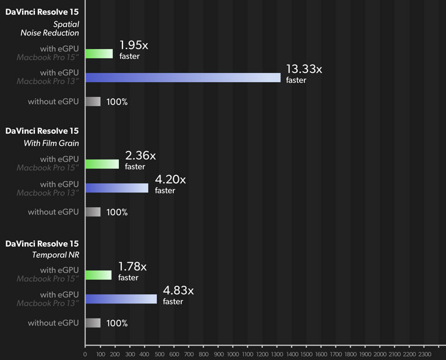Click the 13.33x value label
click(x=304, y=69)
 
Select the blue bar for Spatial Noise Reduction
click(x=183, y=77)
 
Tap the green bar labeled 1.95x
click(x=99, y=53)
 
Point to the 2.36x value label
click(x=140, y=156)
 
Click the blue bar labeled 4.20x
click(x=116, y=188)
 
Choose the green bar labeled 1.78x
click(x=99, y=275)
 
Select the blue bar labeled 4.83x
click(x=121, y=299)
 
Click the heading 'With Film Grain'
click(x=51, y=144)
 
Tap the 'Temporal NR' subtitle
click(x=55, y=255)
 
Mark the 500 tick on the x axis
click(x=159, y=354)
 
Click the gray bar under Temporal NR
click(x=93, y=323)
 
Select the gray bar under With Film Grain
click(x=93, y=212)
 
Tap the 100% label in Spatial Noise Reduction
click(x=117, y=102)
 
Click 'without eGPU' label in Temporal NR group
click(x=53, y=323)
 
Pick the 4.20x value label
click(x=170, y=180)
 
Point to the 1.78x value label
click(x=132, y=267)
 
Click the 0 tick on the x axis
click(x=85, y=354)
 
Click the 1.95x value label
click(x=134, y=45)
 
